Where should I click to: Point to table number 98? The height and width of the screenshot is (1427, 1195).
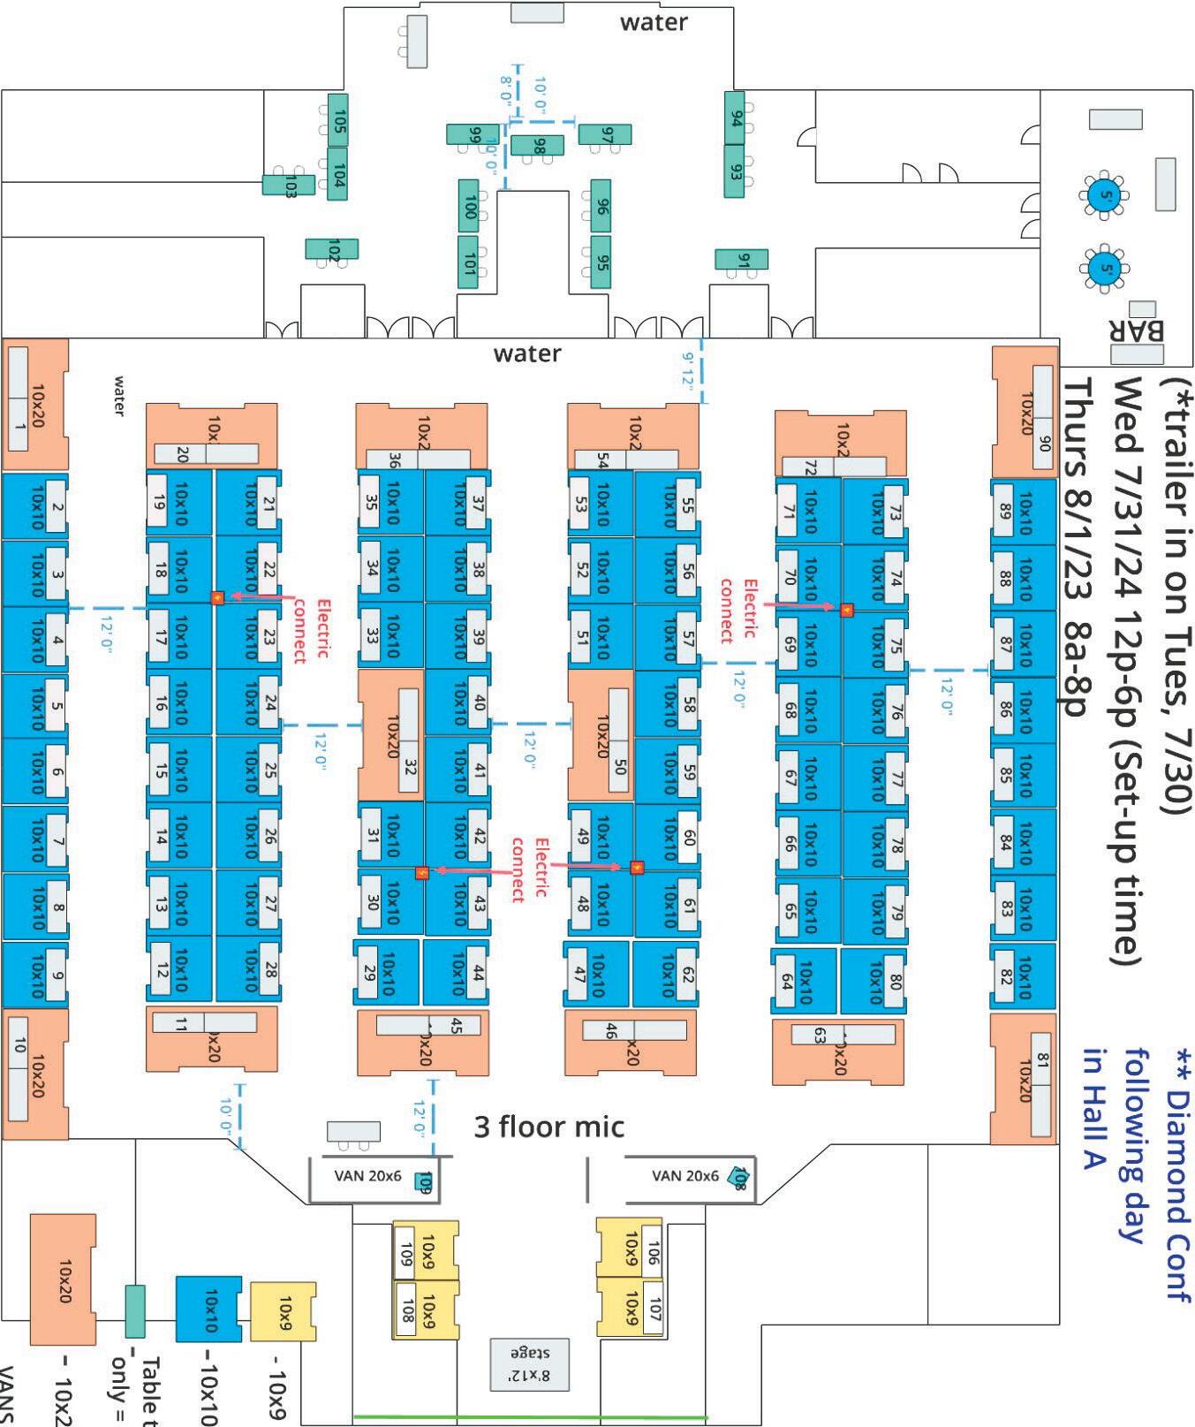[538, 146]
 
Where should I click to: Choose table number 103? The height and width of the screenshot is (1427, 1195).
[289, 186]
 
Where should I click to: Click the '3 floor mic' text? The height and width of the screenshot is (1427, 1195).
[548, 1127]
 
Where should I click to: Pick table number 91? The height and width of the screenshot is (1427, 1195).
[741, 261]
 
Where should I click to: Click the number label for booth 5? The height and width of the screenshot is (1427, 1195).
[56, 705]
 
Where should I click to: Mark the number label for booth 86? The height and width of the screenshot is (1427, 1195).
[1004, 708]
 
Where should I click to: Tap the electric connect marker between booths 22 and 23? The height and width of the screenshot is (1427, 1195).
[217, 598]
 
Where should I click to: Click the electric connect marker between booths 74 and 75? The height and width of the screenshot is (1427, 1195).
[846, 610]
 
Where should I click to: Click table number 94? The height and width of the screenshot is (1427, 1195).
[735, 118]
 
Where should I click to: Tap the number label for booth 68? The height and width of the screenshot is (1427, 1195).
[790, 710]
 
